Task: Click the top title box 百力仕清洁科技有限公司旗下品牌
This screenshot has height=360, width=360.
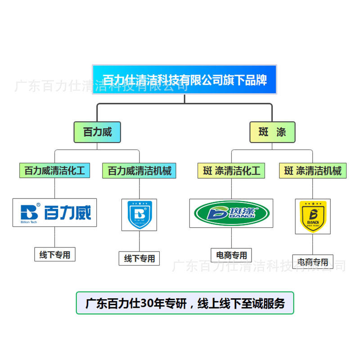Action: pyautogui.click(x=184, y=80)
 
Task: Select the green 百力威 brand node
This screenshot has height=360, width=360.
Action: pyautogui.click(x=97, y=132)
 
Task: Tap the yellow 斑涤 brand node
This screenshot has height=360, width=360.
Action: pyautogui.click(x=272, y=132)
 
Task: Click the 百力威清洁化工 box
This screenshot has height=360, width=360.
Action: pyautogui.click(x=54, y=171)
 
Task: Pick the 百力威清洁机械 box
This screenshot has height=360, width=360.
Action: pyautogui.click(x=139, y=171)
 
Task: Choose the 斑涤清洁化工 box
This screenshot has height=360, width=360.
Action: pyautogui.click(x=231, y=171)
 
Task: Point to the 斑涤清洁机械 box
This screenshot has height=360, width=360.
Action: pyautogui.click(x=313, y=171)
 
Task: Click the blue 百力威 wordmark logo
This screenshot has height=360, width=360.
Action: pyautogui.click(x=54, y=212)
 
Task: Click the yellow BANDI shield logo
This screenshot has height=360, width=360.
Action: pyautogui.click(x=313, y=216)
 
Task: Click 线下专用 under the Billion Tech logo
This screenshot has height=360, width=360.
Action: pyautogui.click(x=55, y=255)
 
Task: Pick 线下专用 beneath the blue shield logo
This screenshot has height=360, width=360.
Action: pyautogui.click(x=139, y=258)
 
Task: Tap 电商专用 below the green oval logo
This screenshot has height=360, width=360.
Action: pyautogui.click(x=231, y=255)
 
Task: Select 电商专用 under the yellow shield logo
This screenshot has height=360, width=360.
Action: pyautogui.click(x=312, y=261)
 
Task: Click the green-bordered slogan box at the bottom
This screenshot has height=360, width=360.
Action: pyautogui.click(x=184, y=303)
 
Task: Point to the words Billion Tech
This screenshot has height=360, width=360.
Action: pyautogui.click(x=30, y=222)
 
